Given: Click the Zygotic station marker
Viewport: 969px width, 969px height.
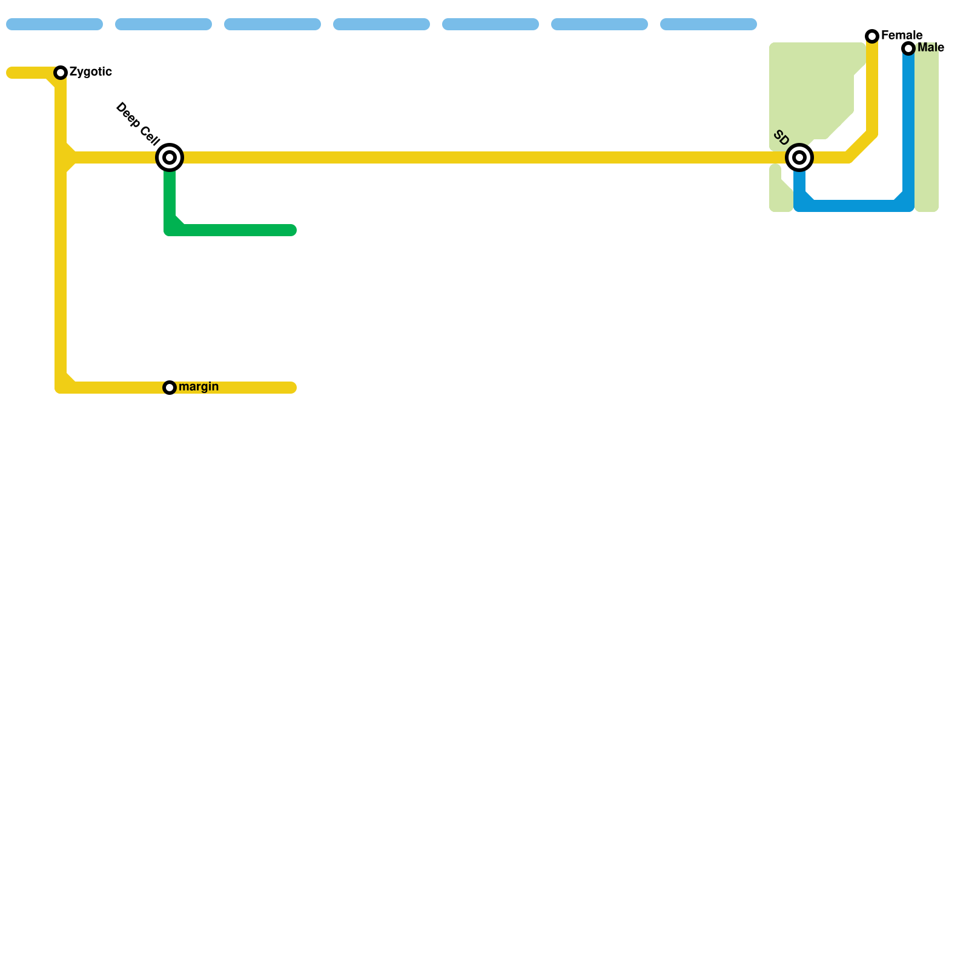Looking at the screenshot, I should pos(61,73).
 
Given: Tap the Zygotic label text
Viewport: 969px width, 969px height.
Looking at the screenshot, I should pos(90,72).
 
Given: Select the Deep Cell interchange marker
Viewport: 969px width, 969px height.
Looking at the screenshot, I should pos(170,157).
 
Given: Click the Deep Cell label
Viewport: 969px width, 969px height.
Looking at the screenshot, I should pos(137,124).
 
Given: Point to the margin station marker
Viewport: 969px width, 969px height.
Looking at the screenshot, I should pos(170,388).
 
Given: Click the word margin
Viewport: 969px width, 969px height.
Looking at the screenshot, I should pos(199,387).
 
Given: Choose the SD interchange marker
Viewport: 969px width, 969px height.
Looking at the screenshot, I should pos(799,157).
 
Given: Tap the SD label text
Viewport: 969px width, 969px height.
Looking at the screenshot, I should pos(781,137).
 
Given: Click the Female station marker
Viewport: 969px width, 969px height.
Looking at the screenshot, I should pos(872,36).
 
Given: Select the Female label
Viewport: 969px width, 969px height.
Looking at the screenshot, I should pos(902,36).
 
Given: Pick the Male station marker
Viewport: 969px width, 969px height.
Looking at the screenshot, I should pos(908,48).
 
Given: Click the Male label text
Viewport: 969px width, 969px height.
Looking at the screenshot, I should pos(931,48).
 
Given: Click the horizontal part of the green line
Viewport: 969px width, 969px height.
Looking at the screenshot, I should pos(236,230).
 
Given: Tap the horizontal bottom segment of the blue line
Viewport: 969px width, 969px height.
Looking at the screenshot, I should pos(854,206).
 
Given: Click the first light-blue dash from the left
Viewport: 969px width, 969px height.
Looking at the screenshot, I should pos(55,24).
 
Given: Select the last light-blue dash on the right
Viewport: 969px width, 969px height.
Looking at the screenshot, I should pos(709,24).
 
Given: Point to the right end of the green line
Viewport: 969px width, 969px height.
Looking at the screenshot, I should pos(292,230).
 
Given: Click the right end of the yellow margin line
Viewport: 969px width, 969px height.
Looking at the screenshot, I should pos(292,388).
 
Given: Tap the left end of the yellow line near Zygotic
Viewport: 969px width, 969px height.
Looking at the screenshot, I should pos(11,73).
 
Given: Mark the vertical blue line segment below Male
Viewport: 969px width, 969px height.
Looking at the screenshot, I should pos(908,121).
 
